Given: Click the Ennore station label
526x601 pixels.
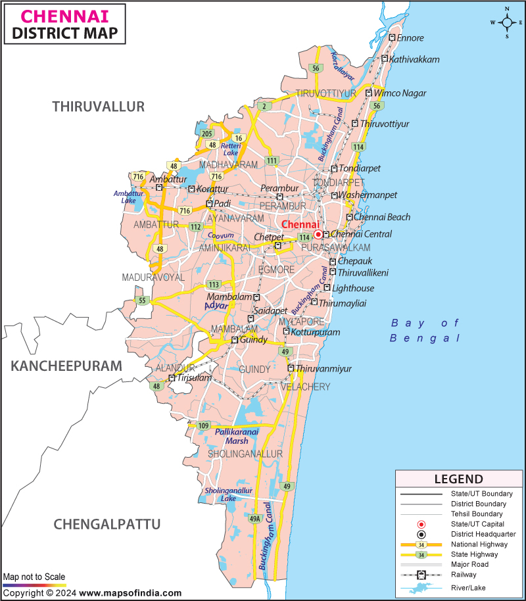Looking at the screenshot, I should (x=411, y=38).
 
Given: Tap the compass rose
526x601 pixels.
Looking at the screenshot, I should (x=508, y=22).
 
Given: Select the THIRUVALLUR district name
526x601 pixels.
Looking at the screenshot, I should (x=99, y=107).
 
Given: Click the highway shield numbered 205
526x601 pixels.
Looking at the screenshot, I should (x=207, y=133).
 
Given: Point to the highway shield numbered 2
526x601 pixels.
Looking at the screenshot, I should (x=264, y=106).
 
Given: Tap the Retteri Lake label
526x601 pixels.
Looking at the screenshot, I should (x=231, y=149).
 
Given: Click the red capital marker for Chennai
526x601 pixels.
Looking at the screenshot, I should (x=318, y=234).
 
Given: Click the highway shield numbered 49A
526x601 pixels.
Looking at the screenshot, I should (x=255, y=519).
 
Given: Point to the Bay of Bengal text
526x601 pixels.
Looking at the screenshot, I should (x=425, y=330).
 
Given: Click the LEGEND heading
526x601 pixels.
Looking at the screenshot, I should (x=459, y=479).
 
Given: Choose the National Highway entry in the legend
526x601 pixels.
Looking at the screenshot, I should (x=479, y=544).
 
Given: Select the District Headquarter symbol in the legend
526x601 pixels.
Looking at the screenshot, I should (x=421, y=535).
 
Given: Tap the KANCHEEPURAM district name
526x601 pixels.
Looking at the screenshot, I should (x=66, y=366).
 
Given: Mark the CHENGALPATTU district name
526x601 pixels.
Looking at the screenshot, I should (x=107, y=524).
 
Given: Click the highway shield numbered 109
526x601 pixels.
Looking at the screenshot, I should (x=204, y=426).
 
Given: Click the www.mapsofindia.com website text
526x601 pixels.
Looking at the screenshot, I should (x=131, y=593).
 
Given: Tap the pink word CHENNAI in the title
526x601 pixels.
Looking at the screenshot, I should (x=47, y=15).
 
